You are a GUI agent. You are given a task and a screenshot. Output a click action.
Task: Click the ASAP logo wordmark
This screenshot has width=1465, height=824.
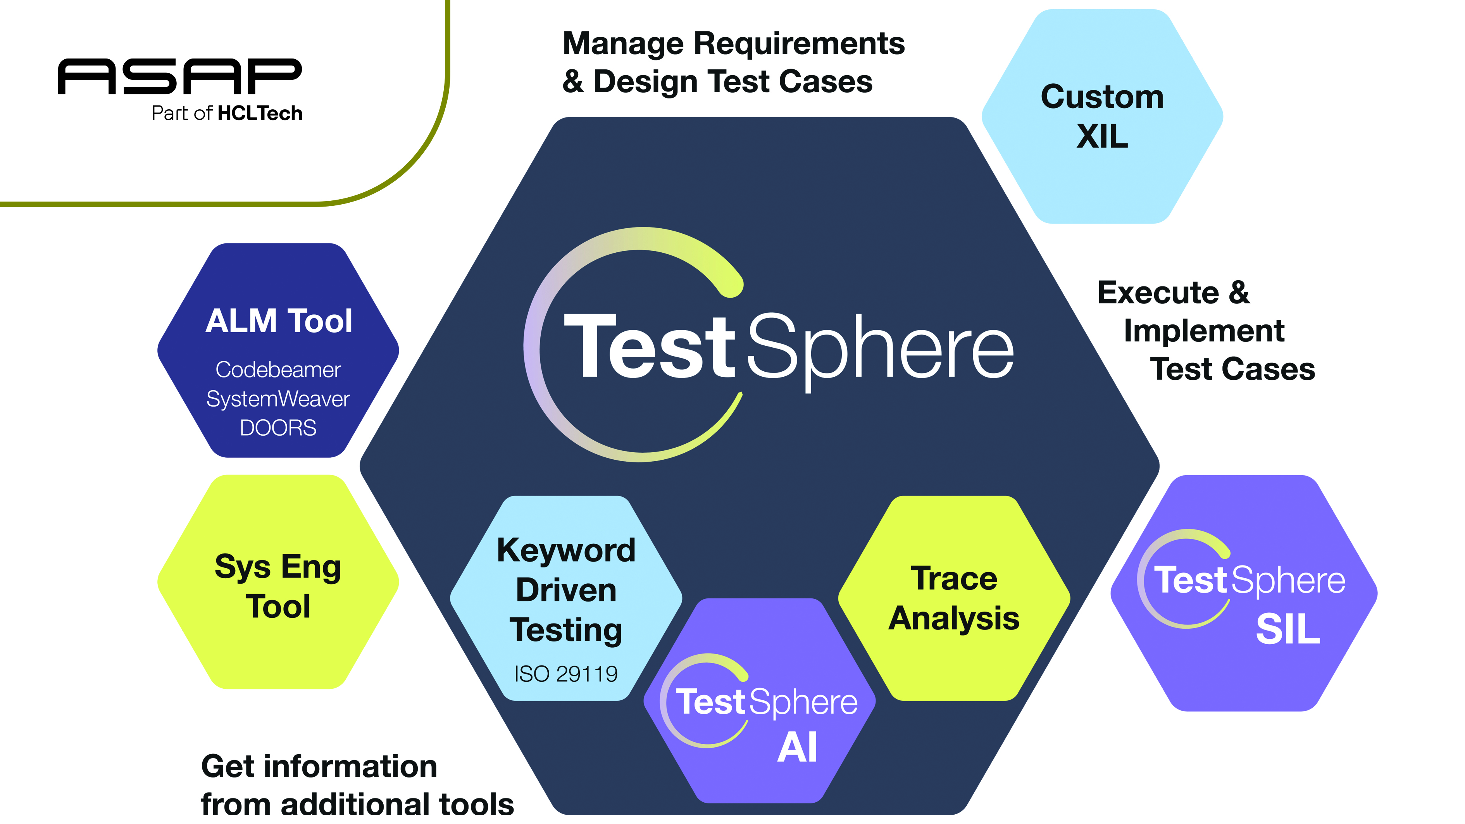(180, 76)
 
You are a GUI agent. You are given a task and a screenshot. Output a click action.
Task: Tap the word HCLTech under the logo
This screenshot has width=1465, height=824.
(260, 114)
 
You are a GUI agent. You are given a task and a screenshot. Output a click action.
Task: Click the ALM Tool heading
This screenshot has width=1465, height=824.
(279, 321)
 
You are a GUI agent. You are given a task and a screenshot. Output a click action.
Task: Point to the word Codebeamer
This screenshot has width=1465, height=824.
(278, 370)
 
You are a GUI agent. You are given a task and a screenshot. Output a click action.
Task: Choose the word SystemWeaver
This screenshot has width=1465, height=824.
(278, 399)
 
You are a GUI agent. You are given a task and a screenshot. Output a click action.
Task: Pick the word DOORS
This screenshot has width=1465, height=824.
(278, 428)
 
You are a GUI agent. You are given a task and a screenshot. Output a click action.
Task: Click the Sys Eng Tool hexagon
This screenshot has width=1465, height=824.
(278, 586)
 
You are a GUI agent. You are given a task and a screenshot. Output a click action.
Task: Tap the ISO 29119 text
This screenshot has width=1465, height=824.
(566, 674)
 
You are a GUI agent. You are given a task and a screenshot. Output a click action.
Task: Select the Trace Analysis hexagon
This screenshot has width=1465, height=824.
(954, 598)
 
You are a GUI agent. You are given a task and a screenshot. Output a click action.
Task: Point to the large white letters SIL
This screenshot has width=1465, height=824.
(1287, 629)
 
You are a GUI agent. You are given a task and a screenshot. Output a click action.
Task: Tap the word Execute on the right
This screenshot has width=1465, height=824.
(1158, 293)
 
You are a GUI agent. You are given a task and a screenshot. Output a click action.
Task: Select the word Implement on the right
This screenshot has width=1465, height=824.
(1204, 331)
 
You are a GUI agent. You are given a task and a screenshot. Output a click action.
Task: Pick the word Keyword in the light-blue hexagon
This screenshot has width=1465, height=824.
(566, 550)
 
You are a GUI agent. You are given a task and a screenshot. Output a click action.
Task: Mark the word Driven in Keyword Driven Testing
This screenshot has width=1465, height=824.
(566, 590)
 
